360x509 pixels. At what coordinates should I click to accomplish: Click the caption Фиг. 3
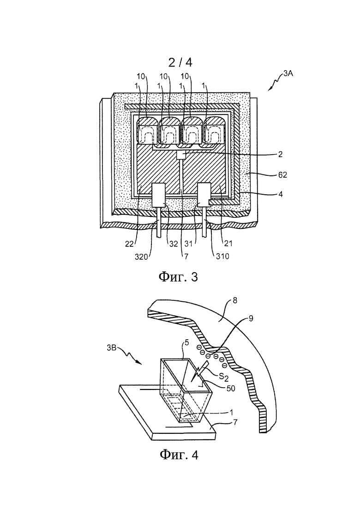point(178,277)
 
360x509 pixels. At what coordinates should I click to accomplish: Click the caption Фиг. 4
point(179,455)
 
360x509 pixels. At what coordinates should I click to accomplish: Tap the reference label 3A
point(288,74)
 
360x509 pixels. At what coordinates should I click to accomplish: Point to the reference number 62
point(282,174)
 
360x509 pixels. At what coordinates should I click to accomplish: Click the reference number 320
point(141,256)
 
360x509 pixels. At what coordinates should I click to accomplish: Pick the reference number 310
point(222,256)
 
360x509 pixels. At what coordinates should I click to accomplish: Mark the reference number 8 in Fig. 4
point(235,300)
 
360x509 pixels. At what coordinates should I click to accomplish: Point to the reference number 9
point(251,319)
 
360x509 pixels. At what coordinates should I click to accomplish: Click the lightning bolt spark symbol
point(197,373)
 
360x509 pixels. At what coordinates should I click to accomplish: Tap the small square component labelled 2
point(181,156)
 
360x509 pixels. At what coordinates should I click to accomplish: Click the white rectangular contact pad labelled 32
point(159,195)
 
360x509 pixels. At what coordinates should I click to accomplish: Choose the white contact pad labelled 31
point(204,195)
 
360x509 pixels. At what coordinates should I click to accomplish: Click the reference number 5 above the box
point(186,351)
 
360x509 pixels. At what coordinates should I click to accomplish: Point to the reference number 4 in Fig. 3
point(281,194)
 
